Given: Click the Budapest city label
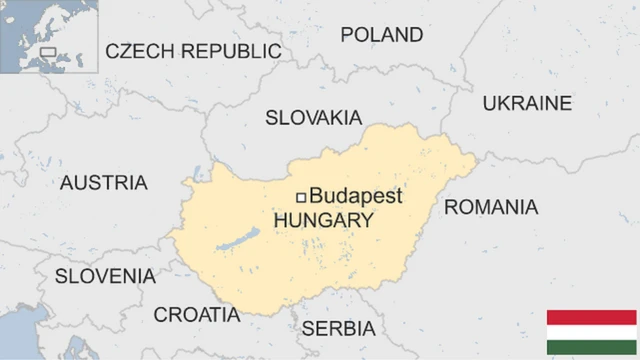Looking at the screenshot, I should (356, 196).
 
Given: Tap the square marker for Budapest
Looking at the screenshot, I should (301, 197).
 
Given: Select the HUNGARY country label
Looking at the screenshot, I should (323, 220).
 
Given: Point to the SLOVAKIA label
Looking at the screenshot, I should (313, 118).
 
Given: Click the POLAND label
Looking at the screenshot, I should (381, 35).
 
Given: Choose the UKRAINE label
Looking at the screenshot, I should (527, 103).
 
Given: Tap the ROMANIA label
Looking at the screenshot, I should (490, 208).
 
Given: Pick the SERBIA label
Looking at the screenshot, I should (338, 328).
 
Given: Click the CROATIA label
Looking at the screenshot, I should (196, 315).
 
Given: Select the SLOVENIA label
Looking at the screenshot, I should (105, 276).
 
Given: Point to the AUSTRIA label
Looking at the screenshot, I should (104, 183).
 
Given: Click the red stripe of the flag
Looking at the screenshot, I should (591, 317).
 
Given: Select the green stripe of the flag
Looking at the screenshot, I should (591, 349).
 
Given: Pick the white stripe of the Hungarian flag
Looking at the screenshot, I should (591, 333).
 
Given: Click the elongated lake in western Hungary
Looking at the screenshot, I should (237, 241).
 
